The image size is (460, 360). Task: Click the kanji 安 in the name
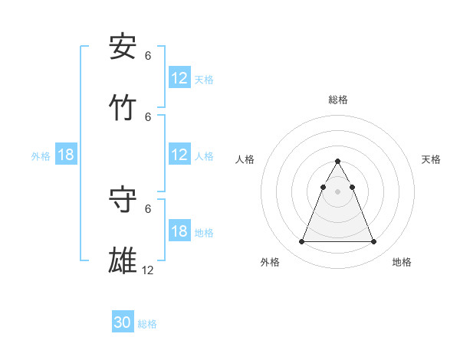tap(123, 47)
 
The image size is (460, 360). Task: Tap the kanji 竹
tap(123, 108)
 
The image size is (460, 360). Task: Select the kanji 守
tap(123, 199)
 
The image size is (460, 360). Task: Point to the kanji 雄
tap(123, 260)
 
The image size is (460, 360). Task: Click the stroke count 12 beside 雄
tap(148, 270)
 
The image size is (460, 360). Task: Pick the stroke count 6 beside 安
tap(148, 56)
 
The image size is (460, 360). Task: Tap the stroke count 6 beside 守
tap(148, 208)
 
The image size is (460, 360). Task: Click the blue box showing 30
tap(123, 323)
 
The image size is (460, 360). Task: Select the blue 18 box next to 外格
tap(66, 155)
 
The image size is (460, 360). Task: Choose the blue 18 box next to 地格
tap(179, 232)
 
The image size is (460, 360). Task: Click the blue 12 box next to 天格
tap(179, 78)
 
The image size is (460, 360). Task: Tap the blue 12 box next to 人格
tap(179, 155)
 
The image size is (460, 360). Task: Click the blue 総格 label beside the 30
tap(147, 324)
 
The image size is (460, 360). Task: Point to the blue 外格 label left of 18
tap(41, 156)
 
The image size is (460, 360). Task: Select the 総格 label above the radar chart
tap(337, 100)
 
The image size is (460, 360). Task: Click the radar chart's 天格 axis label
tap(431, 159)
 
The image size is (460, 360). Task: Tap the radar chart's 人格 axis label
tap(245, 159)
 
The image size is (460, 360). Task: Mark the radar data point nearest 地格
tap(373, 242)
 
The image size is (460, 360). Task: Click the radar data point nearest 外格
tap(301, 242)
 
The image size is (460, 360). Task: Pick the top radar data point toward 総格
tap(337, 161)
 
